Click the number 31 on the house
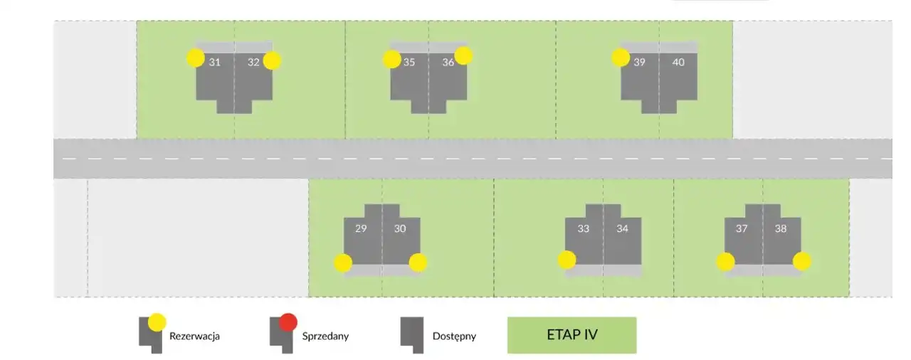pyautogui.click(x=214, y=62)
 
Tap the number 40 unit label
pyautogui.click(x=678, y=62)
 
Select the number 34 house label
pyautogui.click(x=622, y=229)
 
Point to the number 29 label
pyautogui.click(x=361, y=229)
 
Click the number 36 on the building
pyautogui.click(x=448, y=62)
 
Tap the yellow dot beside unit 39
pyautogui.click(x=621, y=58)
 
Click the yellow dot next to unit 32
pyautogui.click(x=272, y=61)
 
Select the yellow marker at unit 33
pyautogui.click(x=567, y=260)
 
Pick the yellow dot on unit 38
pyautogui.click(x=802, y=261)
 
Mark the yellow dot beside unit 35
pyautogui.click(x=392, y=59)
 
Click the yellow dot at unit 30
pyautogui.click(x=418, y=263)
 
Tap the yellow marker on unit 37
pyautogui.click(x=725, y=262)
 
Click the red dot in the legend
pyautogui.click(x=288, y=322)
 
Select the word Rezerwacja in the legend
pyautogui.click(x=194, y=336)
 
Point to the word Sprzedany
pyautogui.click(x=325, y=336)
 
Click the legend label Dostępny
pyautogui.click(x=454, y=336)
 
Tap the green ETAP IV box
pyautogui.click(x=572, y=335)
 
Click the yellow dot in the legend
pyautogui.click(x=157, y=322)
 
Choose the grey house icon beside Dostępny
pyautogui.click(x=411, y=335)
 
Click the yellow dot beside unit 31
pyautogui.click(x=196, y=58)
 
